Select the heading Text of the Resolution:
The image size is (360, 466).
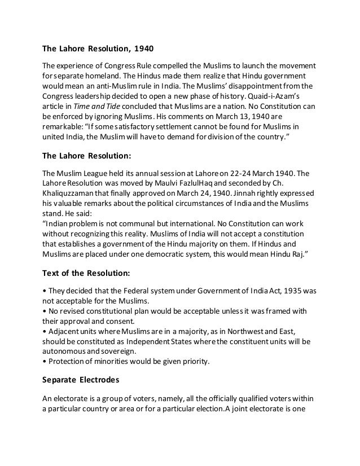86,274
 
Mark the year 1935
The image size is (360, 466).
300,292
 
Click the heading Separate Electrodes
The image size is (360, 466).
82,382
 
